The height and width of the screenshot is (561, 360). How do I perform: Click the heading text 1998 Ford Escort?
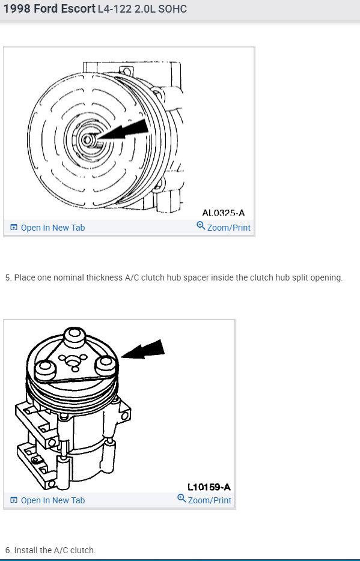(x=49, y=9)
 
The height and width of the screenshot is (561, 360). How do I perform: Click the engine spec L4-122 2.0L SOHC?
(x=142, y=10)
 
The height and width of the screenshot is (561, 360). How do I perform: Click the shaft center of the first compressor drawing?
(x=88, y=140)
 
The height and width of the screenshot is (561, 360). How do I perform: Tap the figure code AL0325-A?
(x=224, y=213)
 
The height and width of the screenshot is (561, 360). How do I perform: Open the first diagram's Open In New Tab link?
(x=53, y=228)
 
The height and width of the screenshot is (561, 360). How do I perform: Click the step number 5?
(x=8, y=277)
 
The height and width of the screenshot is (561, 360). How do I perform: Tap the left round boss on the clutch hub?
(x=44, y=368)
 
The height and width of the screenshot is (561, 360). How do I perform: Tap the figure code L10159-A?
(x=209, y=487)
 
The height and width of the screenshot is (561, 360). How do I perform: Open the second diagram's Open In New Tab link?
(x=53, y=500)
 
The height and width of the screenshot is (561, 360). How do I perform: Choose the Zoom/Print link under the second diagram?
(x=209, y=500)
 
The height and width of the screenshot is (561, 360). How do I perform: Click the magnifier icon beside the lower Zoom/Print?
(x=182, y=499)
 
